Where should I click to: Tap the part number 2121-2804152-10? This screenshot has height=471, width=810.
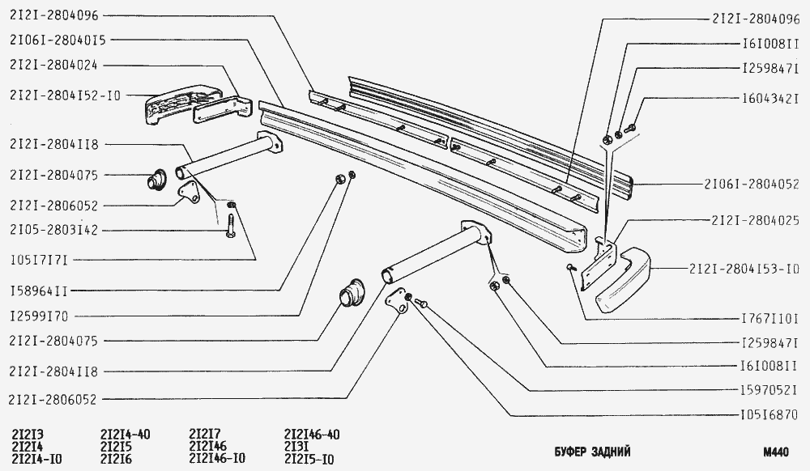[x=66, y=95]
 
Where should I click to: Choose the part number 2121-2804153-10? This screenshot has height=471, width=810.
[x=744, y=268]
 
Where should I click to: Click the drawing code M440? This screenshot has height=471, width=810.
[x=775, y=452]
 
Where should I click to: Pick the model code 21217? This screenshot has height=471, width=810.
[x=204, y=434]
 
